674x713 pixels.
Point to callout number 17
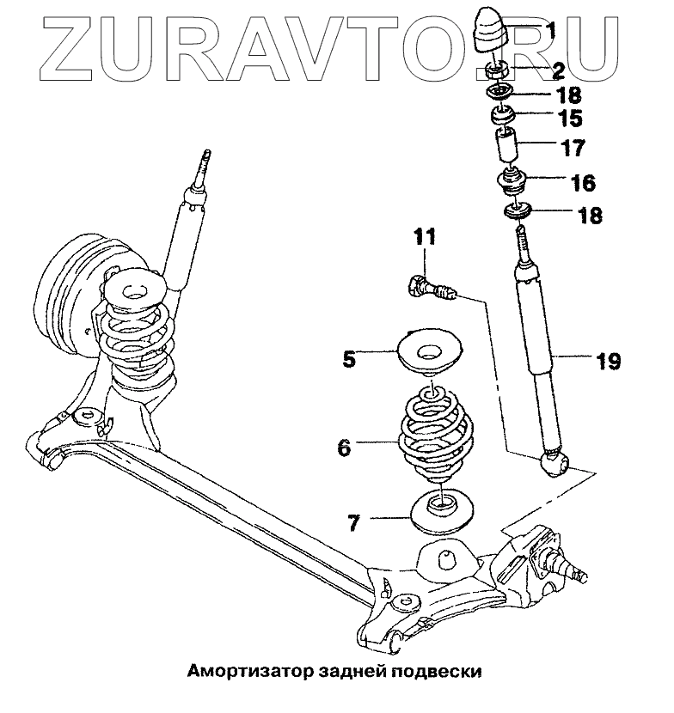click(573, 148)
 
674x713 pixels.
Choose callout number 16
click(582, 182)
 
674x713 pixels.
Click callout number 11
click(426, 235)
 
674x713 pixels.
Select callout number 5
click(349, 357)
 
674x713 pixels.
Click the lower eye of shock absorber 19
click(554, 465)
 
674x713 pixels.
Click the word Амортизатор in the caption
click(235, 670)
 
